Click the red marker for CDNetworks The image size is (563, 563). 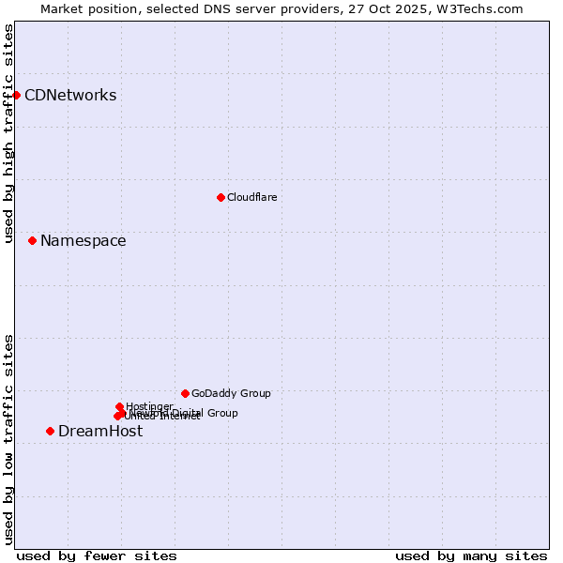point(16,95)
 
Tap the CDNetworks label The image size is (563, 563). point(70,96)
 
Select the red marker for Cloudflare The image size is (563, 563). point(221,197)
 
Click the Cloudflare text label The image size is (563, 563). point(251,198)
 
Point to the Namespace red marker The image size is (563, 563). point(32,241)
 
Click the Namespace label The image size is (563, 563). point(83,241)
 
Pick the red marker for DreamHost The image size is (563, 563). point(50,431)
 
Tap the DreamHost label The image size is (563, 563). point(100,432)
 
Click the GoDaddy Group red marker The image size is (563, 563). point(185,393)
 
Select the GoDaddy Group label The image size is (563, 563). point(231,394)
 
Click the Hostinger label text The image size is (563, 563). point(149,406)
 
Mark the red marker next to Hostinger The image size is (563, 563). point(119,407)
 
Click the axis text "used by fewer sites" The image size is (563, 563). point(97,555)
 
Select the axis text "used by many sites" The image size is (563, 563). point(471,555)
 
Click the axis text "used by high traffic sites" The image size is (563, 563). point(9,133)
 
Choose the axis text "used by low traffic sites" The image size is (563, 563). point(9,438)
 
